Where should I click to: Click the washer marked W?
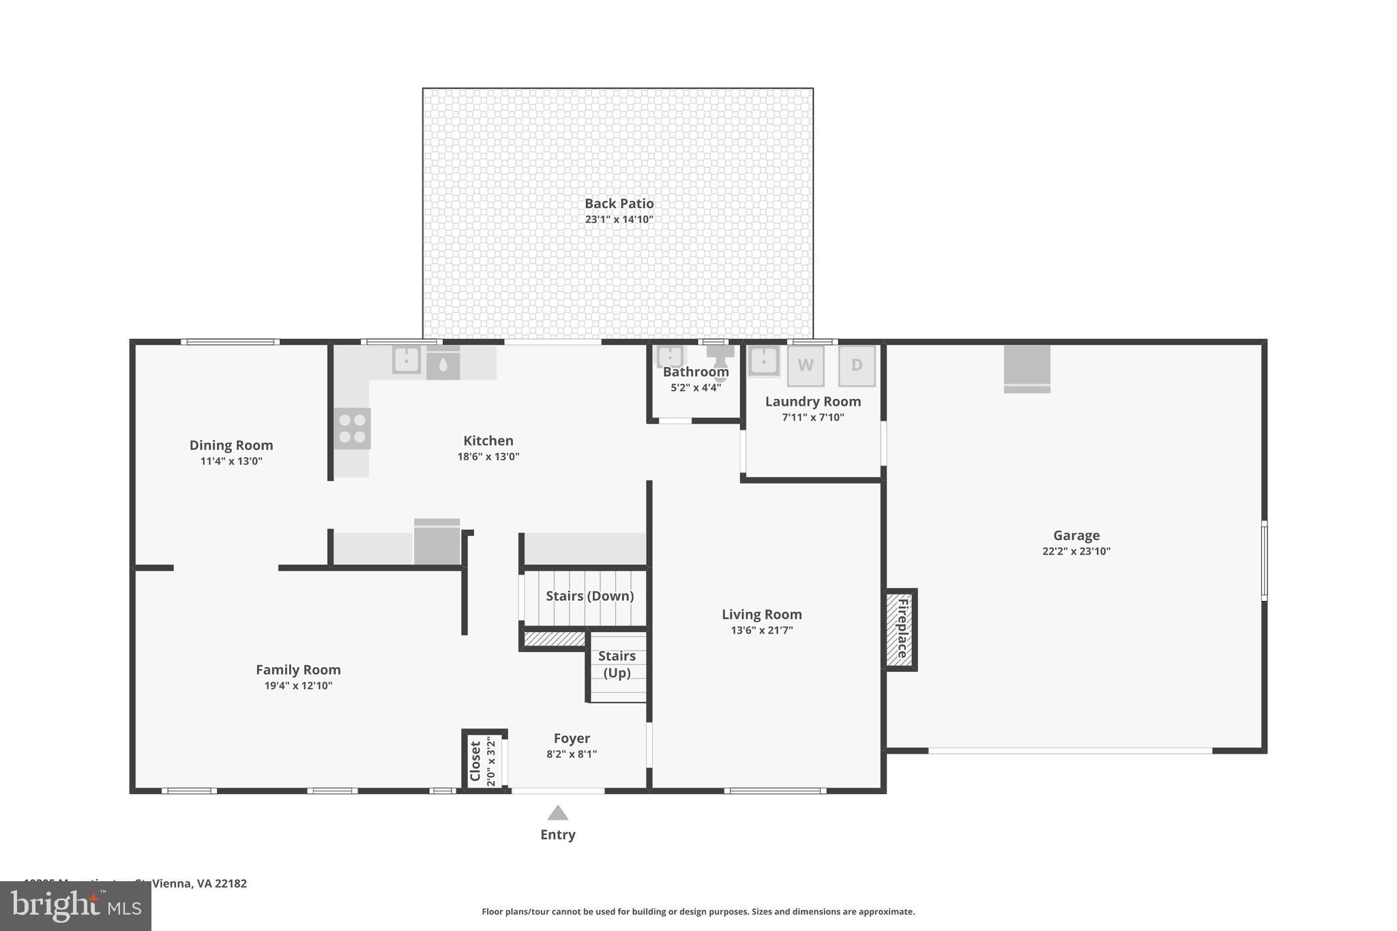pyautogui.click(x=805, y=366)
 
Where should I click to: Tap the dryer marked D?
pyautogui.click(x=857, y=366)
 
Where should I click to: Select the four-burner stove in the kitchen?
pyautogui.click(x=352, y=428)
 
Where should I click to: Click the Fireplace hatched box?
pyautogui.click(x=900, y=630)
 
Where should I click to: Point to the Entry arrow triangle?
pyautogui.click(x=557, y=813)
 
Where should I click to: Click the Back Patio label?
pyautogui.click(x=619, y=203)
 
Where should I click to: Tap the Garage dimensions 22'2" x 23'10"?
pyautogui.click(x=1076, y=551)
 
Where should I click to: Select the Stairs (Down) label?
pyautogui.click(x=589, y=596)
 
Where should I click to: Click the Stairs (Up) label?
pyautogui.click(x=617, y=664)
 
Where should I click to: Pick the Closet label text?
pyautogui.click(x=475, y=760)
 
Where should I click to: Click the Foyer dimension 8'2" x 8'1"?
pyautogui.click(x=571, y=754)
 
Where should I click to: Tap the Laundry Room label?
pyautogui.click(x=812, y=402)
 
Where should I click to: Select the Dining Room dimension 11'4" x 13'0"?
pyautogui.click(x=231, y=461)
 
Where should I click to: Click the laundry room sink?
pyautogui.click(x=763, y=359)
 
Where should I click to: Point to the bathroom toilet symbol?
pyautogui.click(x=720, y=355)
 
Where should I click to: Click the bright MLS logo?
pyautogui.click(x=76, y=906)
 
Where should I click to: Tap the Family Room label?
pyautogui.click(x=298, y=670)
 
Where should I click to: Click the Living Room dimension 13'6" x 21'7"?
pyautogui.click(x=761, y=630)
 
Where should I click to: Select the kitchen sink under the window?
pyautogui.click(x=406, y=359)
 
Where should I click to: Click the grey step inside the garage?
pyautogui.click(x=1027, y=369)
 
